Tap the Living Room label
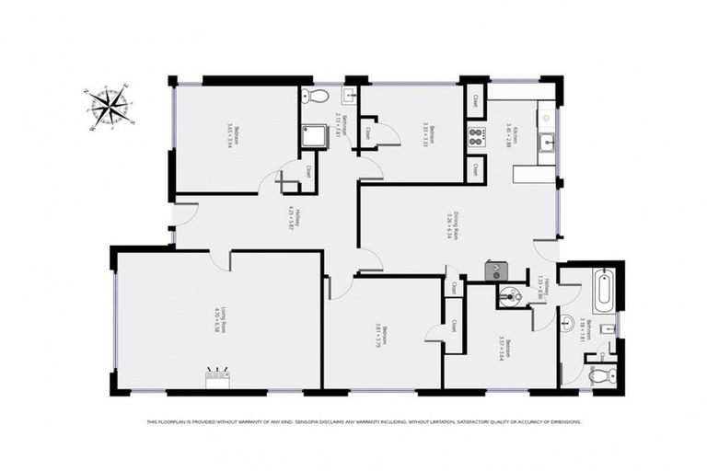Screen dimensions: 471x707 click(218, 318)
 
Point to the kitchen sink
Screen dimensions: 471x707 click(547, 141)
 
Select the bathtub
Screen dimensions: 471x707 click(603, 290)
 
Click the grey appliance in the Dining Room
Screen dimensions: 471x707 click(496, 270)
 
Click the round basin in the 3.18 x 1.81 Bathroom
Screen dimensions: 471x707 click(568, 322)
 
